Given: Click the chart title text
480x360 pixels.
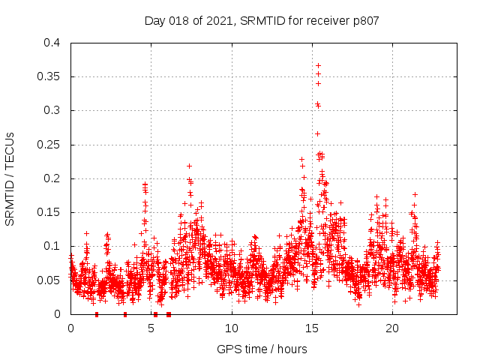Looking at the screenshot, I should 262,21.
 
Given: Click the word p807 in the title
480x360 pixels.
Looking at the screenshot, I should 365,21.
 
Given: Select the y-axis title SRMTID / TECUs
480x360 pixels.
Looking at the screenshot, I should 10,178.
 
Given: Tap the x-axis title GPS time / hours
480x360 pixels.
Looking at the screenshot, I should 262,349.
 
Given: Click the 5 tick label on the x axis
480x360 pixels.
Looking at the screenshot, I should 151,328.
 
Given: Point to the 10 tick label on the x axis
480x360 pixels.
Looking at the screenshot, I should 232,328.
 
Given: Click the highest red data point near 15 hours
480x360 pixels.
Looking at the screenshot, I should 318,65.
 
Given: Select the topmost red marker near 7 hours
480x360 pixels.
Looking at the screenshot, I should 189,166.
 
